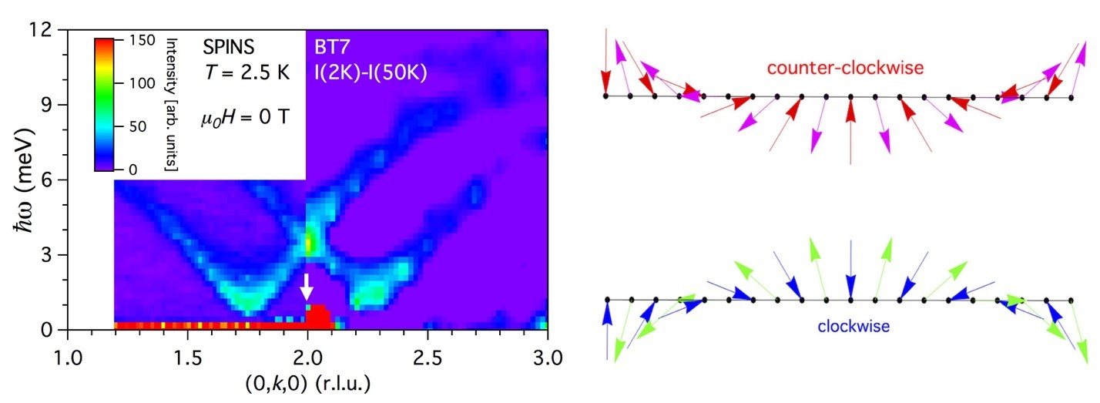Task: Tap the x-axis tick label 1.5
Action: [187, 358]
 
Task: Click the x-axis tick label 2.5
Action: [427, 358]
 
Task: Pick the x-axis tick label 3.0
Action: [546, 358]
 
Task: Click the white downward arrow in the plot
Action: [307, 286]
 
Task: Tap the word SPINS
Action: [228, 46]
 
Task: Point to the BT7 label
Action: [331, 46]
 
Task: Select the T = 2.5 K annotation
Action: [240, 72]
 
